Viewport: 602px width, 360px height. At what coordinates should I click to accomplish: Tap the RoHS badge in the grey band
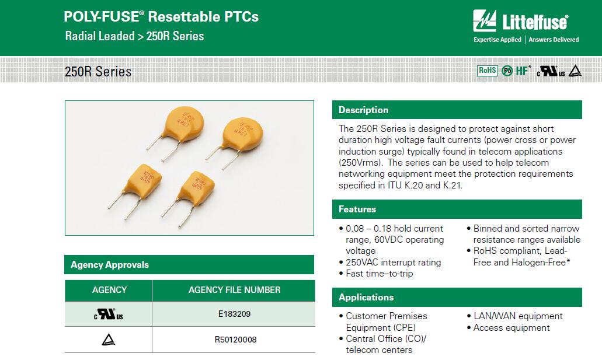pyautogui.click(x=487, y=71)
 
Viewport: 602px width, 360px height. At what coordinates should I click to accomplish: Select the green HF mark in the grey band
pyautogui.click(x=523, y=71)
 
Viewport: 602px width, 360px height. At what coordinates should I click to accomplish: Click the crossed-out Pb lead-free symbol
pyautogui.click(x=507, y=71)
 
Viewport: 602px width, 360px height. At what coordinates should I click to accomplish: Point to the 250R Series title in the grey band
pyautogui.click(x=98, y=72)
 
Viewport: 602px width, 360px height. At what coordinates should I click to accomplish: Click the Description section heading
pyautogui.click(x=363, y=110)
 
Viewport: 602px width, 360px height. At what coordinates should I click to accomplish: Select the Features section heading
pyautogui.click(x=357, y=209)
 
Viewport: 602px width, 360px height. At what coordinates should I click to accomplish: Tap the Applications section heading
pyautogui.click(x=366, y=298)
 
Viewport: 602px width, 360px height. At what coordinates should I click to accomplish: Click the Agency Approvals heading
pyautogui.click(x=109, y=265)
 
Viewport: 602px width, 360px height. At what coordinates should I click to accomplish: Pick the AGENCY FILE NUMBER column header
pyautogui.click(x=234, y=290)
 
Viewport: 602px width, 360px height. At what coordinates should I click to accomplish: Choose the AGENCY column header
pyautogui.click(x=109, y=290)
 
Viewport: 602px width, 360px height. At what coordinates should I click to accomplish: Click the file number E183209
pyautogui.click(x=234, y=314)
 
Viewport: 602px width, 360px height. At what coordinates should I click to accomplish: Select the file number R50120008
pyautogui.click(x=235, y=340)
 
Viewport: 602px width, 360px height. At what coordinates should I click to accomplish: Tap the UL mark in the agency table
pyautogui.click(x=109, y=314)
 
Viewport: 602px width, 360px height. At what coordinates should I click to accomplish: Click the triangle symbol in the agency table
pyautogui.click(x=109, y=340)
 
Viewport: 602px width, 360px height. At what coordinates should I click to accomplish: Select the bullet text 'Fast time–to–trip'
pyautogui.click(x=379, y=274)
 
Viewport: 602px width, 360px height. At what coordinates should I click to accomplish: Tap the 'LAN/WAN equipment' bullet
pyautogui.click(x=518, y=316)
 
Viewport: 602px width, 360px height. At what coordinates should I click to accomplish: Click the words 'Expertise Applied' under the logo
pyautogui.click(x=497, y=40)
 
